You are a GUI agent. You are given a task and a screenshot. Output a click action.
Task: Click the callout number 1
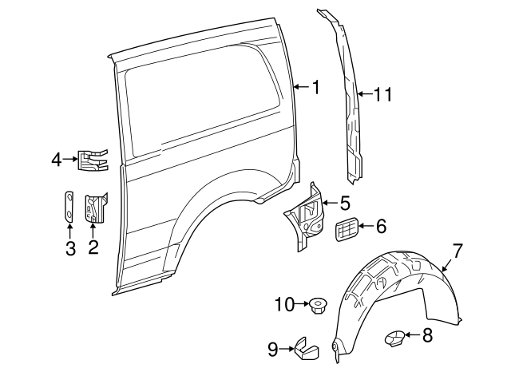(316, 87)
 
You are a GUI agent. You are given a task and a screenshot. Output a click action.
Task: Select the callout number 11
(382, 95)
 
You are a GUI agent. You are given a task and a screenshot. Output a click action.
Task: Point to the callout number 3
(70, 248)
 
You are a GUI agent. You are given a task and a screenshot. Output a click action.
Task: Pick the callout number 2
(93, 247)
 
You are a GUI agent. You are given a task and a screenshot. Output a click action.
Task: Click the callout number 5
(344, 204)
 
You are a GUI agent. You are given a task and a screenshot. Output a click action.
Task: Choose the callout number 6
(381, 227)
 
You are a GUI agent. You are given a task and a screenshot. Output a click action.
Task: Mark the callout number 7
(458, 251)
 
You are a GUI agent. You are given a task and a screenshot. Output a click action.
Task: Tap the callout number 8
(426, 335)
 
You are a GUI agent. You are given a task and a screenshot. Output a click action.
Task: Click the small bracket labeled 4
(92, 160)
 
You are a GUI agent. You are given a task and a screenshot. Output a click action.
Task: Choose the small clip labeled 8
(394, 338)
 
